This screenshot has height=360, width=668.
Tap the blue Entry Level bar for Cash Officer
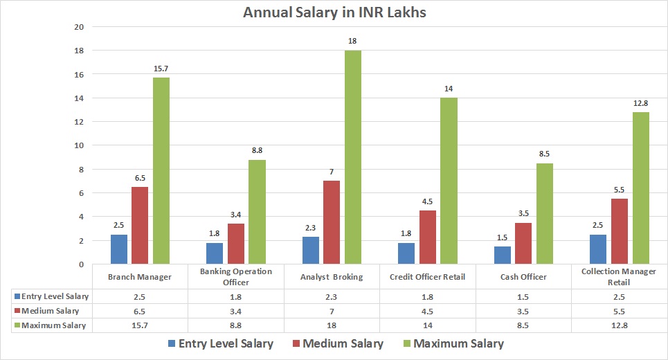click(x=503, y=255)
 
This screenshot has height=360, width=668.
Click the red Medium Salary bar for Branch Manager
click(x=139, y=225)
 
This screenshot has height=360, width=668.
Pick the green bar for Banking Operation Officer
click(x=257, y=212)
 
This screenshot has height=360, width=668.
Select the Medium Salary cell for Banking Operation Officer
click(x=236, y=310)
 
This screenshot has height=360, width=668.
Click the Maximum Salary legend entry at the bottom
click(x=452, y=343)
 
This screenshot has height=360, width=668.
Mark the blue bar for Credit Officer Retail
click(x=406, y=253)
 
